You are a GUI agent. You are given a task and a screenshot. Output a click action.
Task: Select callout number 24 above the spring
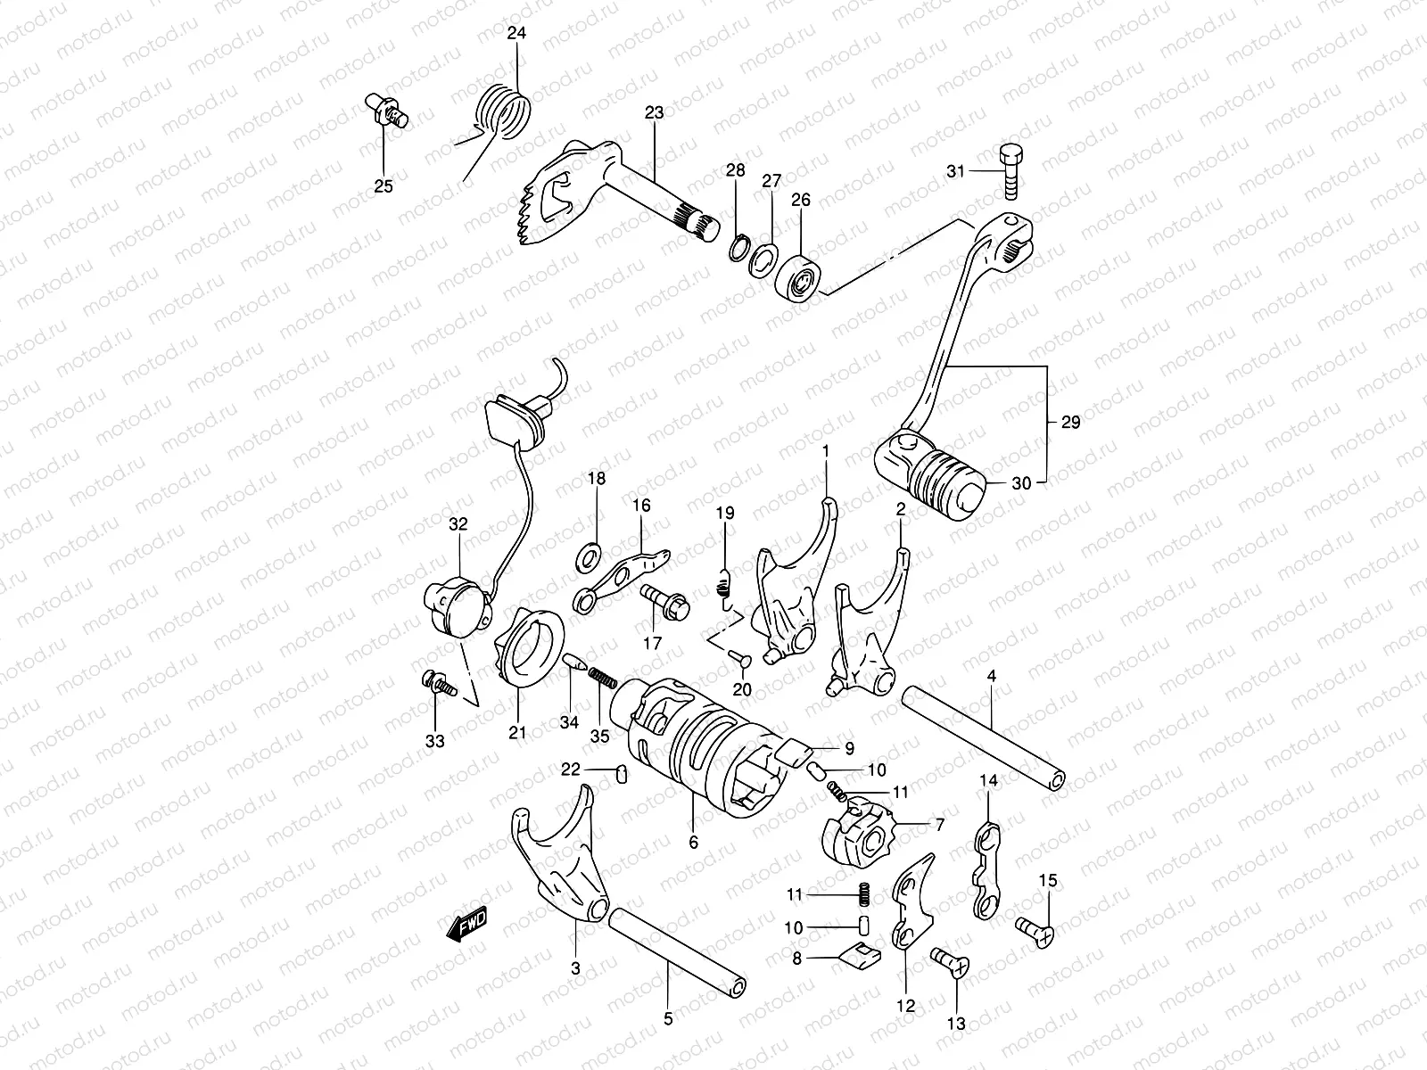pyautogui.click(x=516, y=34)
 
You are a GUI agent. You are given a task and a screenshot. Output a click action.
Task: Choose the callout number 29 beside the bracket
pyautogui.click(x=1070, y=423)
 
